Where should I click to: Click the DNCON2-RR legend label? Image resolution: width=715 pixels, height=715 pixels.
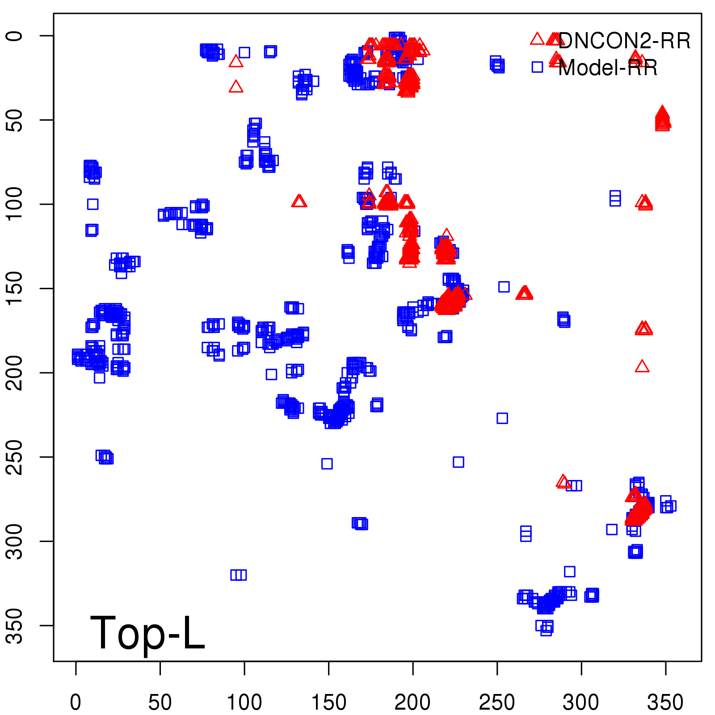tap(624, 41)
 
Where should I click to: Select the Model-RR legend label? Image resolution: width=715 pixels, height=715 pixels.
tap(608, 68)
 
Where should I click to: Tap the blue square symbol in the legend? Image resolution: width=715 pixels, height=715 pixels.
tap(537, 67)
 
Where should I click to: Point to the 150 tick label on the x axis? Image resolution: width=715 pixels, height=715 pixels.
tap(328, 702)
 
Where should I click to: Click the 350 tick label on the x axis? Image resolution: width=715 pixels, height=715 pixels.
tap(665, 702)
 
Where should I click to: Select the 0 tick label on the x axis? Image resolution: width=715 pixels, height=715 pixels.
tap(76, 702)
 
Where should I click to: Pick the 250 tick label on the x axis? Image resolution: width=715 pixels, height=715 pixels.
tap(497, 702)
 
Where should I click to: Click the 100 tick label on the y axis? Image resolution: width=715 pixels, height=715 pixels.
tap(15, 204)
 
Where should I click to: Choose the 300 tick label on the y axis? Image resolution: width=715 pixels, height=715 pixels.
tap(15, 541)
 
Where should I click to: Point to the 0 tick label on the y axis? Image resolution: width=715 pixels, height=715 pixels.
tap(15, 36)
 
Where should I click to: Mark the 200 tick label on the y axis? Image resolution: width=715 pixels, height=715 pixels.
tap(15, 373)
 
